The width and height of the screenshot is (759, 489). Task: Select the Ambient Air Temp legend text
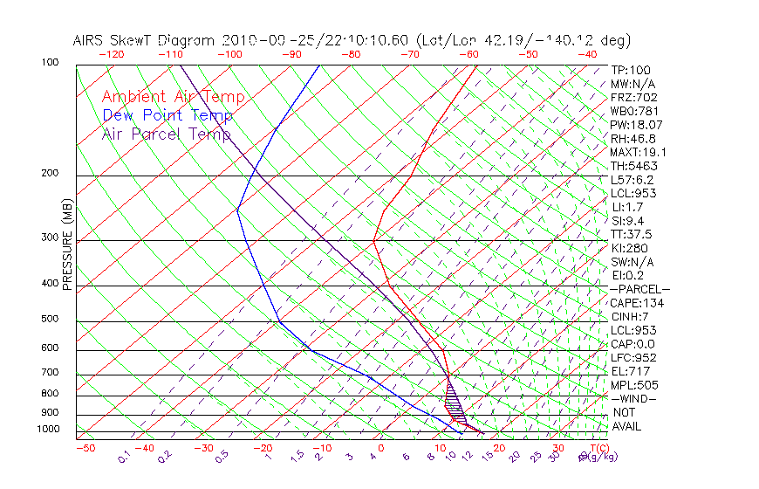[173, 97]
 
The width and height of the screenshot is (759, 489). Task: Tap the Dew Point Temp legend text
[167, 115]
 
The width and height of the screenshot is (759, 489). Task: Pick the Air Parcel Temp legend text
[166, 134]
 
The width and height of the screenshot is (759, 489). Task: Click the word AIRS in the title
[91, 41]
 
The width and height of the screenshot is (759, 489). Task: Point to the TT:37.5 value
[632, 234]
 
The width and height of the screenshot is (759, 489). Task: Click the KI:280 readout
[628, 248]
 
